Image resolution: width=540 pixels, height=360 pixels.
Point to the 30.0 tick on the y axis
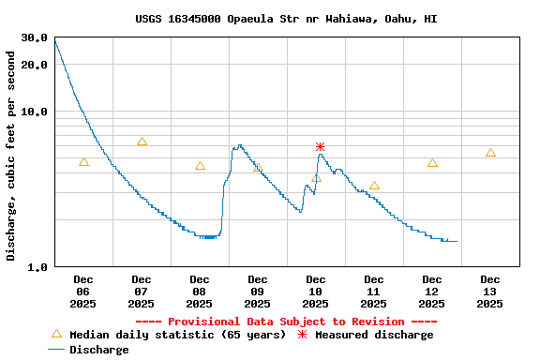pyautogui.click(x=35, y=37)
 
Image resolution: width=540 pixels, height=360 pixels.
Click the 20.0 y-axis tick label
pyautogui.click(x=35, y=65)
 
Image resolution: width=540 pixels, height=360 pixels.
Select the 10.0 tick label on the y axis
pyautogui.click(x=35, y=112)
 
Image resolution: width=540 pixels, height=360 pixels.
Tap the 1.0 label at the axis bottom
pyautogui.click(x=38, y=267)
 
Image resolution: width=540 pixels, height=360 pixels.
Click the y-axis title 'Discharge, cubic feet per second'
pyautogui.click(x=11, y=156)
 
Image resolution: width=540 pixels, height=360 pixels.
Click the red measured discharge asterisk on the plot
pyautogui.click(x=320, y=146)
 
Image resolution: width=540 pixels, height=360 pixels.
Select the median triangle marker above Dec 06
pyautogui.click(x=83, y=162)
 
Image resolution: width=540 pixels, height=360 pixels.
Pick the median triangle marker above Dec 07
pyautogui.click(x=142, y=142)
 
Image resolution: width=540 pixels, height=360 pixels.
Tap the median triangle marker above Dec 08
pyautogui.click(x=200, y=166)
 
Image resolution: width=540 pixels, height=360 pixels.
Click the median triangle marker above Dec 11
pyautogui.click(x=374, y=186)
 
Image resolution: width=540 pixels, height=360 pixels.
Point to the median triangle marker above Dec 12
pyautogui.click(x=432, y=162)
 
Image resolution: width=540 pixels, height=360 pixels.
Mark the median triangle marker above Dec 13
pyautogui.click(x=490, y=153)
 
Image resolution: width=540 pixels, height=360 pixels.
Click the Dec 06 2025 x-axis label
pyautogui.click(x=83, y=292)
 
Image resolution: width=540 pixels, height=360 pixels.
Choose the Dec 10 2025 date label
pyautogui.click(x=316, y=292)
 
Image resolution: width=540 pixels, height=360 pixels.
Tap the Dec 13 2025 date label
pyautogui.click(x=490, y=292)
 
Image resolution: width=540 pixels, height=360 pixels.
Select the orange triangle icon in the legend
pyautogui.click(x=56, y=334)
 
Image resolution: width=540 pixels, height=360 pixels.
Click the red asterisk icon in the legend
pyautogui.click(x=302, y=335)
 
